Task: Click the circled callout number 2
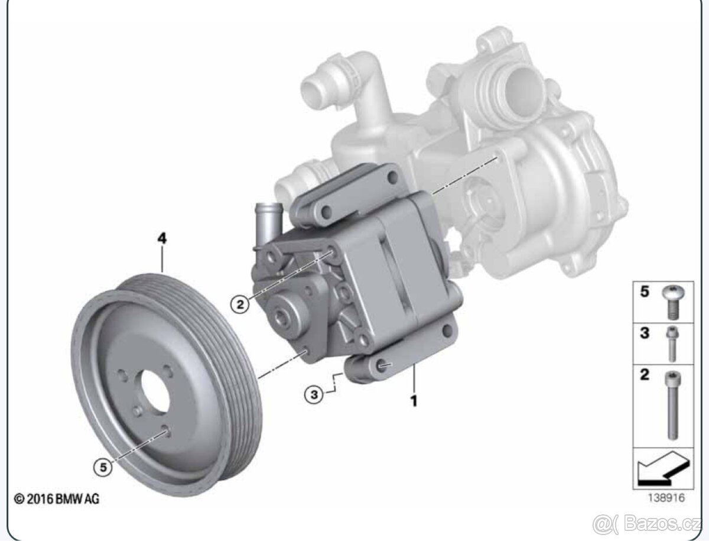pos(240,304)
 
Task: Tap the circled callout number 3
pos(314,394)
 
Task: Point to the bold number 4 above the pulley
pos(162,239)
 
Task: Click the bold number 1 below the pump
pos(414,401)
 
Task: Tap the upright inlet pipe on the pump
pos(268,223)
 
